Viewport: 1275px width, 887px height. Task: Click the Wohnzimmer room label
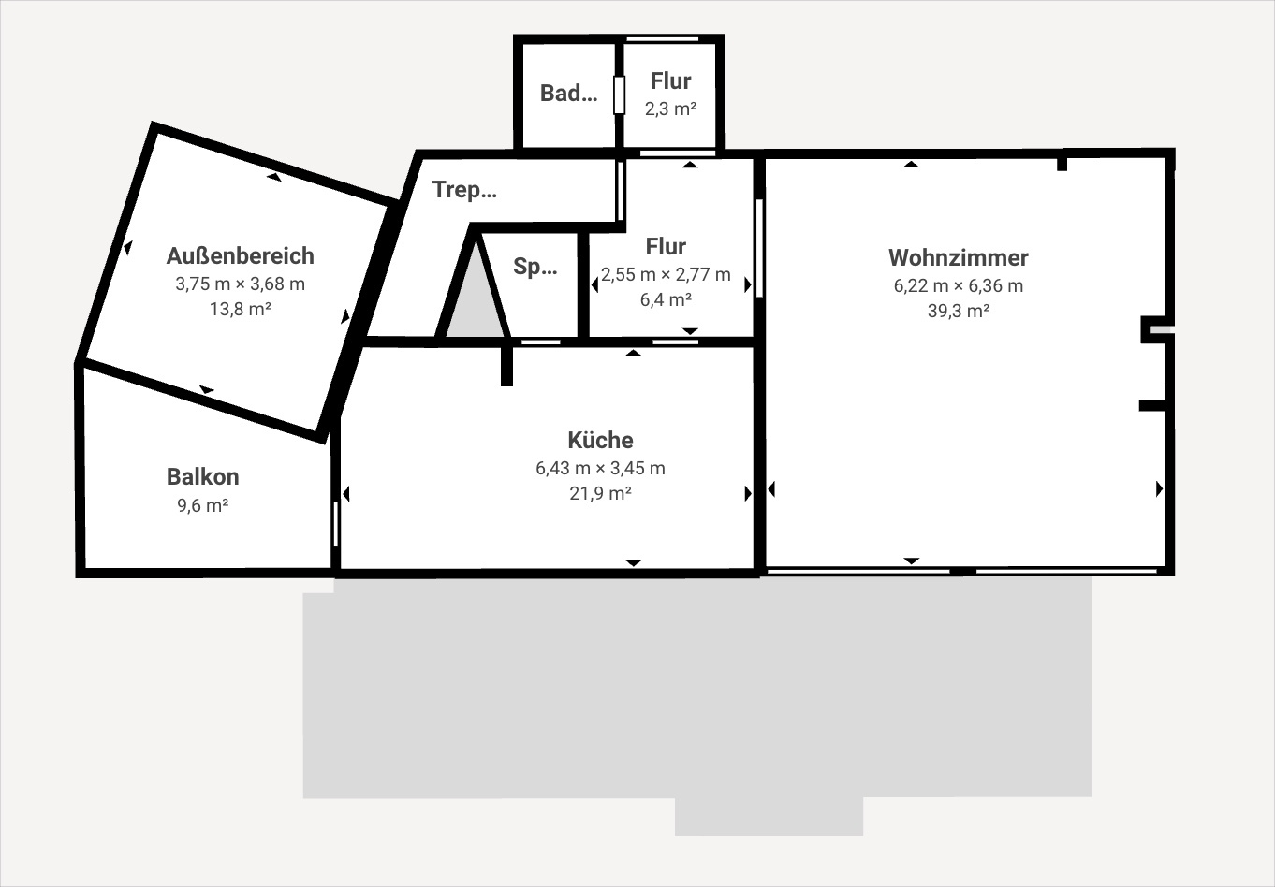tap(958, 257)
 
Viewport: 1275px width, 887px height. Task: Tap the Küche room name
tap(600, 440)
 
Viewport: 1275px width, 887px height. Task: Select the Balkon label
tap(202, 477)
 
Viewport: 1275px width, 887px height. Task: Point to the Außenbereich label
tap(241, 256)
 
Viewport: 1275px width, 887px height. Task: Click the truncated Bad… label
tap(568, 93)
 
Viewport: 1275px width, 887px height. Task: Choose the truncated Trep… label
tap(464, 190)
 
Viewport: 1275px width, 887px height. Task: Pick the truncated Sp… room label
tap(535, 267)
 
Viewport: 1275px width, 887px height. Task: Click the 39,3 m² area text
tap(959, 311)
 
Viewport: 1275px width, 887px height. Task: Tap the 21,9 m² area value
tap(600, 493)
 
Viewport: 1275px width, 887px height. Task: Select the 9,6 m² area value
tap(202, 505)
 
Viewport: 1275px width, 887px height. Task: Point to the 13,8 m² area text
tap(241, 309)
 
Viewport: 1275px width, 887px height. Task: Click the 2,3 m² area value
tap(670, 109)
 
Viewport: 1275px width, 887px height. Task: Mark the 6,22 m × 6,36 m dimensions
tap(959, 285)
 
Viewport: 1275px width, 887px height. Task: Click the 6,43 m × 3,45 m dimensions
tap(600, 468)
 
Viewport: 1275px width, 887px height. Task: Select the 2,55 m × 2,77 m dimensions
tap(666, 275)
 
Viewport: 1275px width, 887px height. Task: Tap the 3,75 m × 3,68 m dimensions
tap(241, 284)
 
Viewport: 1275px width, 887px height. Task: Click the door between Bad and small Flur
tap(620, 95)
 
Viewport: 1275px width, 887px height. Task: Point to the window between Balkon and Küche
tap(336, 524)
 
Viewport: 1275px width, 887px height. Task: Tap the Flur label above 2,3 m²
tap(670, 81)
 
